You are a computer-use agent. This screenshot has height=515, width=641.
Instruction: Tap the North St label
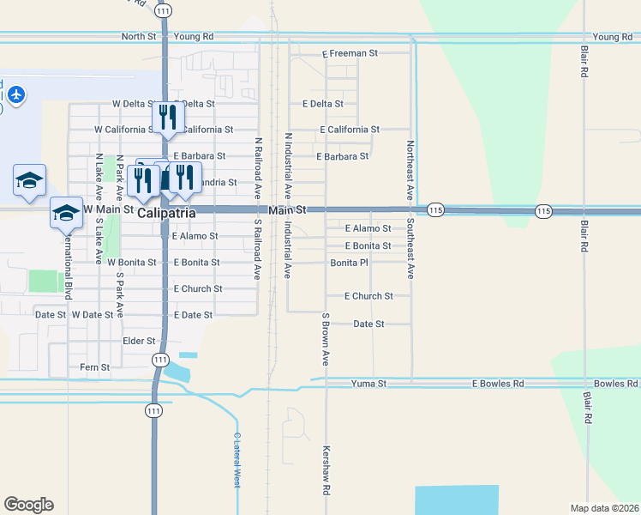pyautogui.click(x=139, y=37)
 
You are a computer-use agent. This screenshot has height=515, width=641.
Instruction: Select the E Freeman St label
pyautogui.click(x=350, y=53)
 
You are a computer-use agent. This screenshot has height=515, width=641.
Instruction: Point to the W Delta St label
pyautogui.click(x=131, y=104)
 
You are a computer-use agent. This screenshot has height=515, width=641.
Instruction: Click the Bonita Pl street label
pyautogui.click(x=349, y=263)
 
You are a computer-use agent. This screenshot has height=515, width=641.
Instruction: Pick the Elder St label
pyautogui.click(x=139, y=341)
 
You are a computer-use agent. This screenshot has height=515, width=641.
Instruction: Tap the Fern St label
pyautogui.click(x=94, y=367)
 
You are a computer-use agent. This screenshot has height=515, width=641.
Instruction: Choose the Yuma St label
pyautogui.click(x=369, y=384)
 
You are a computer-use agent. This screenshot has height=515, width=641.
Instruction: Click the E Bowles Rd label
pyautogui.click(x=498, y=384)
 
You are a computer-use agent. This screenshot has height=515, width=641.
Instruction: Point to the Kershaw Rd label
pyautogui.click(x=326, y=468)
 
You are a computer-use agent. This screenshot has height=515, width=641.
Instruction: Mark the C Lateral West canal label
pyautogui.click(x=237, y=459)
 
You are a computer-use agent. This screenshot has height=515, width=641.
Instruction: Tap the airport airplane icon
pyautogui.click(x=16, y=94)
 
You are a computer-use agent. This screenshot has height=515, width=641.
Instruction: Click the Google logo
pyautogui.click(x=28, y=505)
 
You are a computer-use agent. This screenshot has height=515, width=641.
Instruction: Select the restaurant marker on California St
pyautogui.click(x=167, y=118)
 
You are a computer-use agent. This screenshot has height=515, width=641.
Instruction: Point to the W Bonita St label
pyautogui.click(x=131, y=262)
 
